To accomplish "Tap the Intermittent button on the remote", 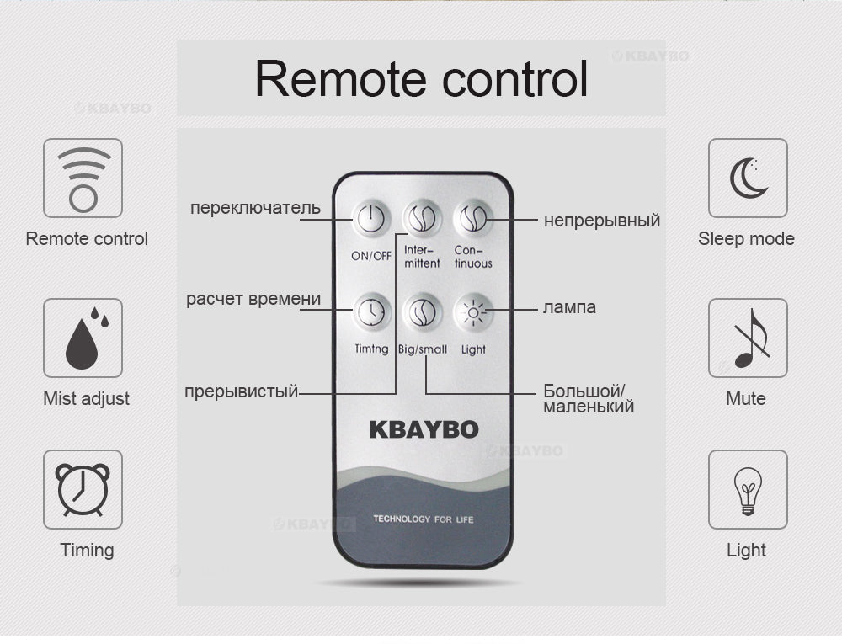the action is pyautogui.click(x=422, y=218).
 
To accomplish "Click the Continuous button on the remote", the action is pyautogui.click(x=472, y=218).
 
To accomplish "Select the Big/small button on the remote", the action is pyautogui.click(x=422, y=311).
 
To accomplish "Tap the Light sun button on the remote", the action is pyautogui.click(x=472, y=311).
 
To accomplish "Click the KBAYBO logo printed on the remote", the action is pyautogui.click(x=424, y=430).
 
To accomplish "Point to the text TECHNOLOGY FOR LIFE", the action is pyautogui.click(x=424, y=519).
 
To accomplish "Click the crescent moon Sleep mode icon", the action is pyautogui.click(x=748, y=178).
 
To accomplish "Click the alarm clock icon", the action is pyautogui.click(x=83, y=489).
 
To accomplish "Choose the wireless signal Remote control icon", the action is pyautogui.click(x=83, y=178).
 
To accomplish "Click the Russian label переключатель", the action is pyautogui.click(x=256, y=208).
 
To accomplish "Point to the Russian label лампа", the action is pyautogui.click(x=569, y=307).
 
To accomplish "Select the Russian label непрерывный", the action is pyautogui.click(x=602, y=221).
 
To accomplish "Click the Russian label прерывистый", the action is pyautogui.click(x=241, y=391).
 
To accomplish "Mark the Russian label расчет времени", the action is pyautogui.click(x=253, y=299).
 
